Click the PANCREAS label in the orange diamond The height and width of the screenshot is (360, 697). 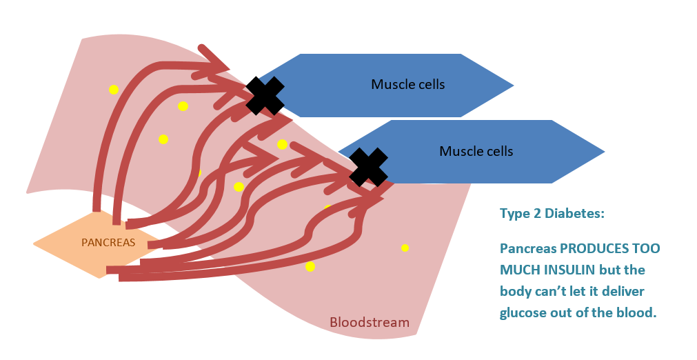pyautogui.click(x=108, y=243)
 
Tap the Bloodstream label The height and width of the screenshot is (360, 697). pyautogui.click(x=370, y=322)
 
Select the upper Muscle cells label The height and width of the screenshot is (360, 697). pyautogui.click(x=408, y=84)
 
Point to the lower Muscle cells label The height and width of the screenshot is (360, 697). pyautogui.click(x=476, y=151)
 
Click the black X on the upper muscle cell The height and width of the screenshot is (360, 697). pyautogui.click(x=265, y=96)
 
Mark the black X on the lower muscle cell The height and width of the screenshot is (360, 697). pyautogui.click(x=368, y=167)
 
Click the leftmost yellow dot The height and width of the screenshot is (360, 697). pyautogui.click(x=114, y=90)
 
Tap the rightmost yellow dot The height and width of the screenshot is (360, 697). pyautogui.click(x=405, y=248)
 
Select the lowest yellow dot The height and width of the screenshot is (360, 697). pyautogui.click(x=310, y=267)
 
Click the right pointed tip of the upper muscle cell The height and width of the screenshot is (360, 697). pyautogui.click(x=514, y=86)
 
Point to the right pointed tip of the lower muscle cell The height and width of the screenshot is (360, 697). pyautogui.click(x=605, y=152)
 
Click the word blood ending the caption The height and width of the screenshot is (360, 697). pyautogui.click(x=638, y=313)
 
